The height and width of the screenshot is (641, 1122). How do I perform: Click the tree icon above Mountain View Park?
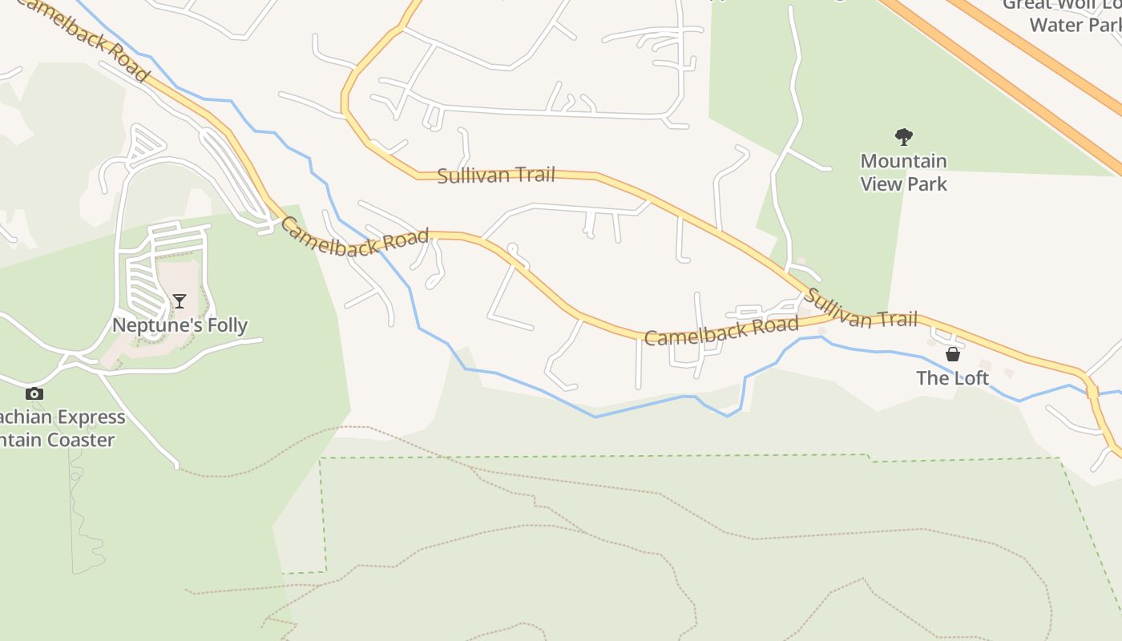(904, 137)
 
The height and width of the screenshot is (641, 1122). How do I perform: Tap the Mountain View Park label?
(904, 172)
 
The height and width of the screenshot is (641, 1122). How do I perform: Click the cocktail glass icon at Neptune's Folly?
(180, 301)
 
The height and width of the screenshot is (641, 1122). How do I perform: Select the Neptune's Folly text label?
(180, 325)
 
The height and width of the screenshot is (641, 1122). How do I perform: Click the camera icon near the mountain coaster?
(34, 393)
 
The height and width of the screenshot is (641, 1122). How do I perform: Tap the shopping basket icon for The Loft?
(953, 354)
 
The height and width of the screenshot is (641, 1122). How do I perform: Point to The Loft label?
(953, 377)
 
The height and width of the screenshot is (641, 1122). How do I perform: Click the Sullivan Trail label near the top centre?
(496, 175)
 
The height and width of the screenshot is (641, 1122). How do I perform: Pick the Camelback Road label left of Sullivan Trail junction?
(721, 330)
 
